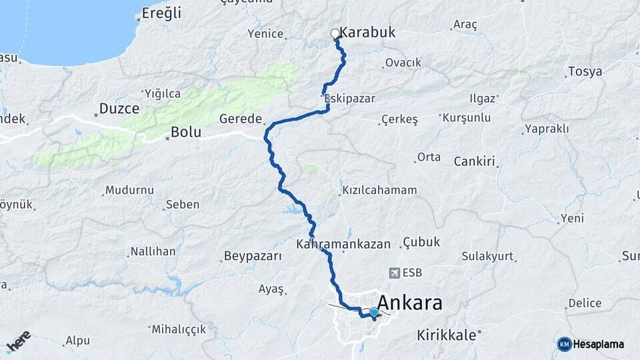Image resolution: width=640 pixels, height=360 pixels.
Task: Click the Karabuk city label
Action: (367, 32)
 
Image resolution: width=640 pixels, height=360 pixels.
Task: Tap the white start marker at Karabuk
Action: (335, 33)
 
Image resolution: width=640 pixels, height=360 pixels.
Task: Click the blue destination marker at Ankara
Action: (374, 312)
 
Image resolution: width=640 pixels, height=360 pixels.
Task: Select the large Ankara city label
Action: (410, 303)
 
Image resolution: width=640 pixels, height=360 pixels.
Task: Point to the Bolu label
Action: (186, 132)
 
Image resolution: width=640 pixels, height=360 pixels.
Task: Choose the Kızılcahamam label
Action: (379, 190)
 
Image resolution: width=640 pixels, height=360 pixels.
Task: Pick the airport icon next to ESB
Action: (393, 273)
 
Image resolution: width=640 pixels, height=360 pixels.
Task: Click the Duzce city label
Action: (119, 108)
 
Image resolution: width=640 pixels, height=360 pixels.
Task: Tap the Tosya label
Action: (585, 71)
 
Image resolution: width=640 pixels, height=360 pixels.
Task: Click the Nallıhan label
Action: (153, 251)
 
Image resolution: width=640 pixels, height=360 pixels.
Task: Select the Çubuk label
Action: (422, 243)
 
